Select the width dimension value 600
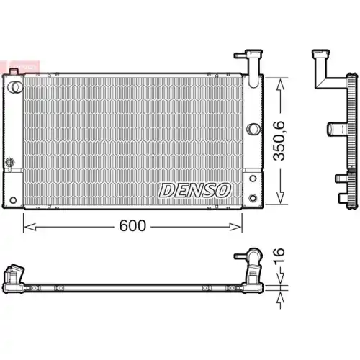[x=132, y=225]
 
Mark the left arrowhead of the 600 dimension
[x=27, y=226]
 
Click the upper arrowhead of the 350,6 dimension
[x=279, y=79]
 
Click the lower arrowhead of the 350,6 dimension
[x=279, y=198]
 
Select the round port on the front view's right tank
[x=252, y=130]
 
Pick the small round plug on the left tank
[x=10, y=161]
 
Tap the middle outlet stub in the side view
[x=335, y=128]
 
